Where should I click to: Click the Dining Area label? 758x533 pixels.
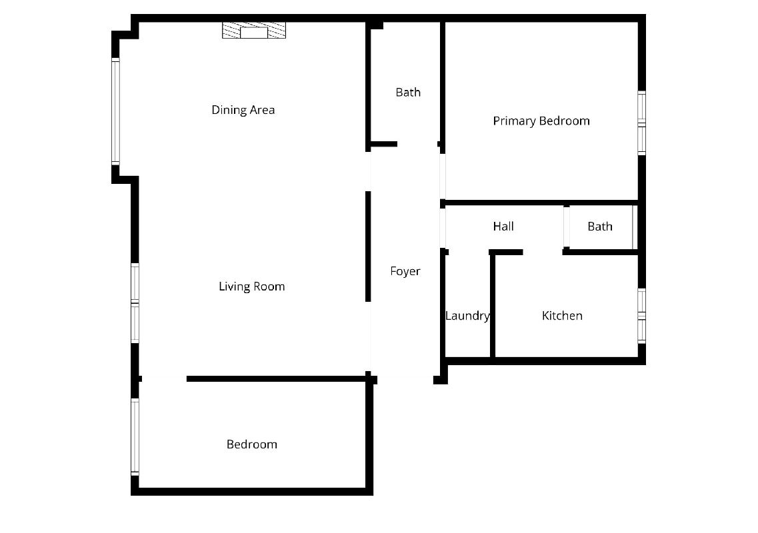(x=243, y=110)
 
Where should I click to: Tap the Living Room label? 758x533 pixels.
(x=252, y=286)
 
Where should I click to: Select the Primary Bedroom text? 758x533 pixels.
(x=541, y=121)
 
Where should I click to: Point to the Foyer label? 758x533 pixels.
(x=405, y=271)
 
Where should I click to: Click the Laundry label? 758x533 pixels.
(x=467, y=316)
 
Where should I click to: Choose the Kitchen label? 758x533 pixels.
(x=562, y=316)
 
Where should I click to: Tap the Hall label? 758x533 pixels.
(x=503, y=226)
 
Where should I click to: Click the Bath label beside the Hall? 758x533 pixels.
(x=600, y=226)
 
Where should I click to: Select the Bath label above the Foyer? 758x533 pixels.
(x=408, y=93)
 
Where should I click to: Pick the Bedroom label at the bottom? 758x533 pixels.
(x=252, y=444)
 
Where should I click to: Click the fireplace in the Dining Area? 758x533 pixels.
(x=254, y=30)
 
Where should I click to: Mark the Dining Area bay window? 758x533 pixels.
(x=115, y=112)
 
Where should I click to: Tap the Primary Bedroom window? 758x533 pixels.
(x=641, y=123)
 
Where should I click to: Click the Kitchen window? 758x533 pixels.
(x=641, y=316)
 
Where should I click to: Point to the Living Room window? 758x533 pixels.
(x=135, y=303)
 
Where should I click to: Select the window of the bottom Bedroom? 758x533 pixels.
(x=135, y=437)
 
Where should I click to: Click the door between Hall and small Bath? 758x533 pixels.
(x=566, y=227)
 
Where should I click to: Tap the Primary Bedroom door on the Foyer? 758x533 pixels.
(x=442, y=177)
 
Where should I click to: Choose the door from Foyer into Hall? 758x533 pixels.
(x=442, y=228)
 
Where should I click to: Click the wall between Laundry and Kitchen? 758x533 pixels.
(x=493, y=305)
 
